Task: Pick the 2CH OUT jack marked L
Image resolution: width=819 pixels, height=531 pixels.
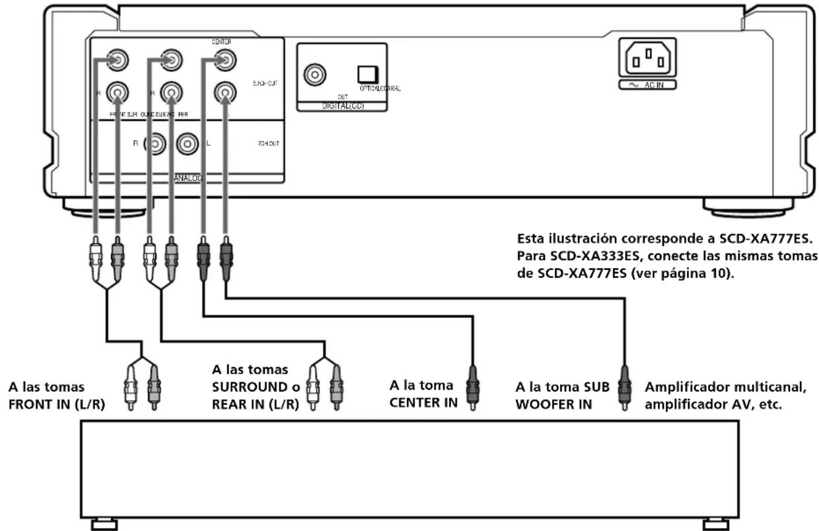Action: [188, 143]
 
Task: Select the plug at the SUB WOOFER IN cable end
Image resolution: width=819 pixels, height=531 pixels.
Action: [623, 390]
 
